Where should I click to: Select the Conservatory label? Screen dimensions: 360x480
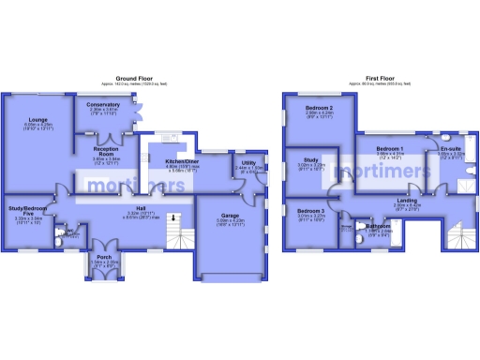tap(104, 105)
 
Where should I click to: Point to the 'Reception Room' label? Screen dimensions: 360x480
tap(111, 150)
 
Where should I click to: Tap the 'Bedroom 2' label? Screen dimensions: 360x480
tap(320, 109)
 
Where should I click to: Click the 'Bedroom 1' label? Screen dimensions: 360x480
tap(389, 149)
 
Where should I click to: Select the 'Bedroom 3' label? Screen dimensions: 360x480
tap(310, 212)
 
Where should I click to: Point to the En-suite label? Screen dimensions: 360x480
tap(450, 149)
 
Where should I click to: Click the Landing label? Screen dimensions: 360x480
tap(407, 200)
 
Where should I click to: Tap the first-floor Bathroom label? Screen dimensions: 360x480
tap(379, 226)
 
